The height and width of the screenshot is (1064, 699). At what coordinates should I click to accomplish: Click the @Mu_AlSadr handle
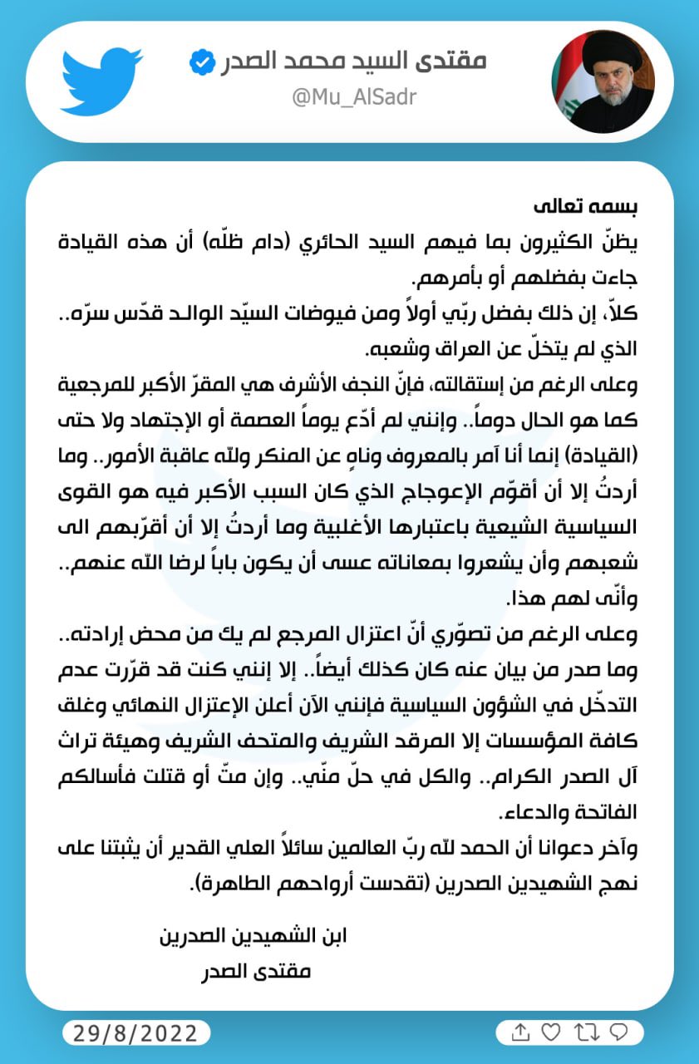click(355, 97)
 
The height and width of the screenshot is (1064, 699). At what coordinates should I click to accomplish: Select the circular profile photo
click(603, 81)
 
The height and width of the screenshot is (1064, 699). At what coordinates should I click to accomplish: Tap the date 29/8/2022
click(136, 1033)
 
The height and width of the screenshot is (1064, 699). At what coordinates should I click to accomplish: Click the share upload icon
click(520, 1032)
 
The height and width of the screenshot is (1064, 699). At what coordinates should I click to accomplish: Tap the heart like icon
click(551, 1032)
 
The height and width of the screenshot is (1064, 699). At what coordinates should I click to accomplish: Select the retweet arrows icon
click(585, 1032)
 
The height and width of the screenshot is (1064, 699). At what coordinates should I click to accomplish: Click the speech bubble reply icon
click(618, 1032)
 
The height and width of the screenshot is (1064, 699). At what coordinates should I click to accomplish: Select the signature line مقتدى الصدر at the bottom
click(257, 969)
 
